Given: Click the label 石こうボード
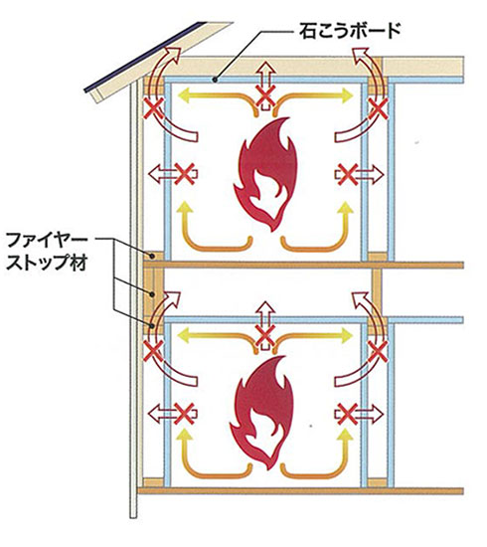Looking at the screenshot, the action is point(350,31).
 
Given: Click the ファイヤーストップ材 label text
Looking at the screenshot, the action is point(48,252).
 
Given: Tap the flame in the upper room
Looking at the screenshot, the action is point(266,174).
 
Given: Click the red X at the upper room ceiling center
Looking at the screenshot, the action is point(265,95).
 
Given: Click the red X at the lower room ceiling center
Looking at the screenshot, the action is point(265,336).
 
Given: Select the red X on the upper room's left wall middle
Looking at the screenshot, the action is point(184,174).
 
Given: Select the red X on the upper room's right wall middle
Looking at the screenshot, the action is point(348,174).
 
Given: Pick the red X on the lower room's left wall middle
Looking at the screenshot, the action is point(184,414).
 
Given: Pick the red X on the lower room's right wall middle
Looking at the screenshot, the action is point(348,414).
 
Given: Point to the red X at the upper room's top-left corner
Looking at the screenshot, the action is point(154,108).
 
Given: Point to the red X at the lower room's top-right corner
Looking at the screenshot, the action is point(378,351).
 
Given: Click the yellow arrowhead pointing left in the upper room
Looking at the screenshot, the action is point(184,95).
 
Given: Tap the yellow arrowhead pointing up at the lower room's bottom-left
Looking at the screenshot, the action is point(185,436).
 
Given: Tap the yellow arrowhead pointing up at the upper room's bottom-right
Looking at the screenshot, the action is point(346,208).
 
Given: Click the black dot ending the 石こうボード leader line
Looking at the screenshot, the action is point(215,80).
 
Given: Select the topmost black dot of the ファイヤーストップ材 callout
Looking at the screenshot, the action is point(152,256).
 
